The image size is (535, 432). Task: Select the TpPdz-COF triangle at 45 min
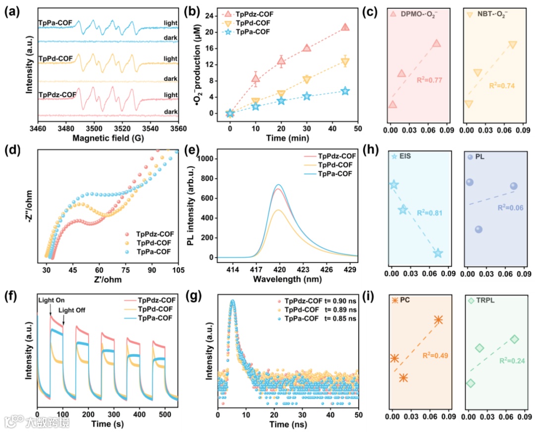coord(345,27)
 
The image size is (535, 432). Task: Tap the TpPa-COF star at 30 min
coord(307,96)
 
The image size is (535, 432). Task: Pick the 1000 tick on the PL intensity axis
coord(209,159)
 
